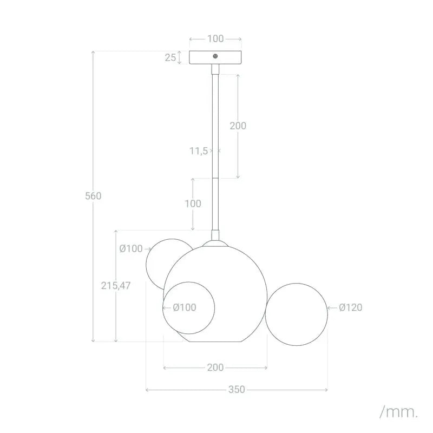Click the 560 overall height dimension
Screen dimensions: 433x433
pos(93,196)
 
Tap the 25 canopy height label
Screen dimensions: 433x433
pos(170,57)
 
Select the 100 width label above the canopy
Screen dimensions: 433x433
pos(215,39)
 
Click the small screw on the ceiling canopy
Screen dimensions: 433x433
pos(215,56)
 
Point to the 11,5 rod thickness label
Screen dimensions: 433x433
pos(198,151)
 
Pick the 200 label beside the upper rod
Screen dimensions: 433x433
pos(238,126)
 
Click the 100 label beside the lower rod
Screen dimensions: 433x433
pos(193,204)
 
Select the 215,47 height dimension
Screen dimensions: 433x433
pos(116,285)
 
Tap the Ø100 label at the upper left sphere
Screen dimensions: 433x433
pos(130,249)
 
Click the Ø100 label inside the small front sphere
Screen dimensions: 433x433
pos(185,307)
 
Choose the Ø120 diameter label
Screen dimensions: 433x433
pos(351,307)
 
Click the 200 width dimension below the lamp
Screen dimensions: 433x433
pos(215,368)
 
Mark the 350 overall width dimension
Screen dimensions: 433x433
pos(237,389)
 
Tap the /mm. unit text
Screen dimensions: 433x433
pos(399,412)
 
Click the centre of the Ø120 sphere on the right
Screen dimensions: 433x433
pos(297,313)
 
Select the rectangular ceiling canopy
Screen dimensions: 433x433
pos(215,57)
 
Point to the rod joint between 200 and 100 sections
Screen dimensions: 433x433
pos(215,178)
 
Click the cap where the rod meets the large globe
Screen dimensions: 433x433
pos(215,237)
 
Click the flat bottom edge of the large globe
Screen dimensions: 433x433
pos(215,342)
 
